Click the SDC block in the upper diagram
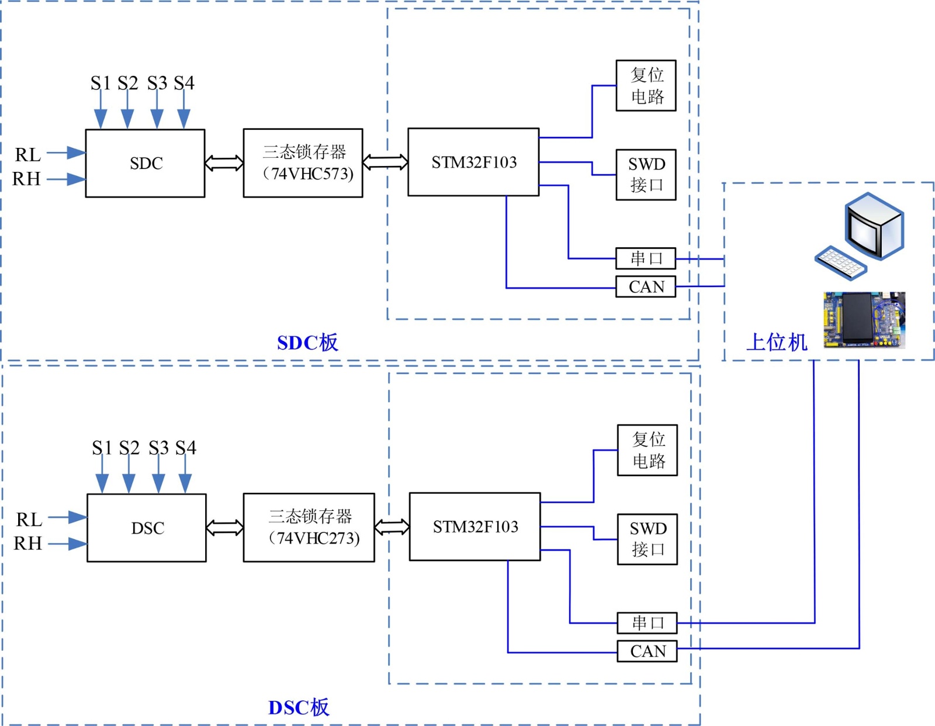coord(145,163)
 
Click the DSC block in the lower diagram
coord(147,528)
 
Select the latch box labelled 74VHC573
coord(303,163)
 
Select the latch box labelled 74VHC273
coord(309,527)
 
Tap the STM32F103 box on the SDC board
coord(473,162)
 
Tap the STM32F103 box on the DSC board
coord(475,527)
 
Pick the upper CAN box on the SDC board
coord(646,287)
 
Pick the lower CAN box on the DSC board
coord(647,651)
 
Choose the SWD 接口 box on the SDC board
coord(646,175)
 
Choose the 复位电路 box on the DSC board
coord(647,450)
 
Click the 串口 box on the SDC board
coord(646,258)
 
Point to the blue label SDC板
coord(307,343)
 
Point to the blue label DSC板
coord(299,707)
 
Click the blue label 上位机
coord(777,342)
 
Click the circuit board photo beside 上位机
coord(864,320)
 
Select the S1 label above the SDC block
coord(100,83)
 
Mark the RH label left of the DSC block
coord(27,543)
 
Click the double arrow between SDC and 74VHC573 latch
coord(224,163)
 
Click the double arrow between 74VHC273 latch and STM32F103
coord(392,527)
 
